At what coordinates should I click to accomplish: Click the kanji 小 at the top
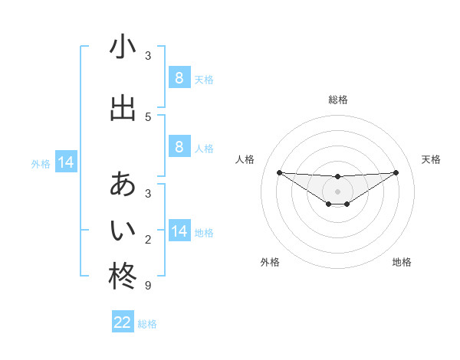point(123,48)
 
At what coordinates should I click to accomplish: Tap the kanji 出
point(123,108)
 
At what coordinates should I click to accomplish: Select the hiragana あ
point(123,185)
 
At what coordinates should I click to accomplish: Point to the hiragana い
point(123,231)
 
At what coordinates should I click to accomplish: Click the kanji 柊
point(123,277)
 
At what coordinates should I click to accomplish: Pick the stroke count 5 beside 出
point(148,116)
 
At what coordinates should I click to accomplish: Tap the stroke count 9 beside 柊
point(148,286)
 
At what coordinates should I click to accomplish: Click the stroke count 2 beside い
point(148,240)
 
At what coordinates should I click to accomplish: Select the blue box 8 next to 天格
point(179,77)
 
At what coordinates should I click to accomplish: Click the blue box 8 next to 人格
point(179,147)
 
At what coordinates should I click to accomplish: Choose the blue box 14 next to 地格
point(179,231)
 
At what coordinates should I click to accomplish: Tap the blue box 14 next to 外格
point(66,162)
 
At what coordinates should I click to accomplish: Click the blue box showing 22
point(123,322)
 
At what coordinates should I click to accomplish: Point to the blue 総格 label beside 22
point(147,324)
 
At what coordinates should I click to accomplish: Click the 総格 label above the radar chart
point(337,100)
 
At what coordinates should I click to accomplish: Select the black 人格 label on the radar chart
point(245,159)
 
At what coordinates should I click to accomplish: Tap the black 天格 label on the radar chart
point(431,159)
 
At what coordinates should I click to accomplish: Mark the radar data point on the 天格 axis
point(396,172)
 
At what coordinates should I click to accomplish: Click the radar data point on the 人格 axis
point(279,172)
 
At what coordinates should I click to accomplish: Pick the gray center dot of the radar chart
point(337,191)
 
